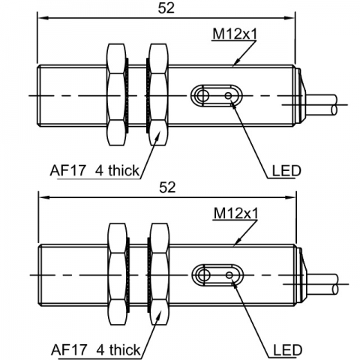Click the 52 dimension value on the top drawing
[166, 8]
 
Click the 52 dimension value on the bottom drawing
[167, 187]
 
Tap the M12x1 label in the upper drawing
[235, 34]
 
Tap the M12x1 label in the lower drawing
[235, 214]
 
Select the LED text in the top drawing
[286, 171]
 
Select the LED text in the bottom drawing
[288, 350]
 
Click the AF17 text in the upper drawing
[67, 171]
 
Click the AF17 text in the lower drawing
[69, 350]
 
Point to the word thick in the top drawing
[124, 170]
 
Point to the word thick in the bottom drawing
[125, 349]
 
